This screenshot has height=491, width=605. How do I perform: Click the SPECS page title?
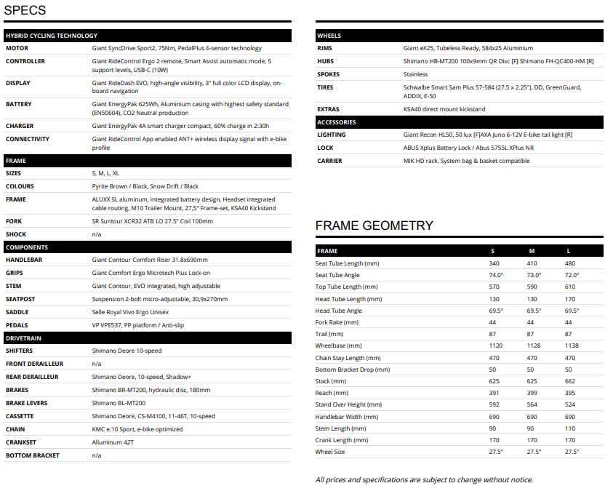point(25,10)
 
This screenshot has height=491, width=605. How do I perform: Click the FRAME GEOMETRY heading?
point(374,225)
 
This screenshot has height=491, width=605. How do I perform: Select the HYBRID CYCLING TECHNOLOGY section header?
point(51,36)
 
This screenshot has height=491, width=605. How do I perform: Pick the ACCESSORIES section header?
point(337,122)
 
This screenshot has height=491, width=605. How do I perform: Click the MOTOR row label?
point(17,48)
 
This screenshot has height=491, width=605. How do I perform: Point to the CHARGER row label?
point(20,126)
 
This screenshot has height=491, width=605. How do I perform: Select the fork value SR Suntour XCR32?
point(152,221)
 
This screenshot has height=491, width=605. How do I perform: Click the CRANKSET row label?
point(21,442)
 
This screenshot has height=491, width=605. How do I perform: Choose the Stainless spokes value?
point(415,74)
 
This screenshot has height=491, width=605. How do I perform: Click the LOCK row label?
point(326,148)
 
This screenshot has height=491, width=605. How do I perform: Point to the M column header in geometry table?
point(532,251)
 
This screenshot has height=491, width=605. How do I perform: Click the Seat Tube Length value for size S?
point(494,263)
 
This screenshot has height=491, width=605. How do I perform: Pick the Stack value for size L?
point(570,381)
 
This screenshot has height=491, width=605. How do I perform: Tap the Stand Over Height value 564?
point(532,404)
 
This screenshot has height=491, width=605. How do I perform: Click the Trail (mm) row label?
point(331,334)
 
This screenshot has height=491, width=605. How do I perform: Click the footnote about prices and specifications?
point(424,479)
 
